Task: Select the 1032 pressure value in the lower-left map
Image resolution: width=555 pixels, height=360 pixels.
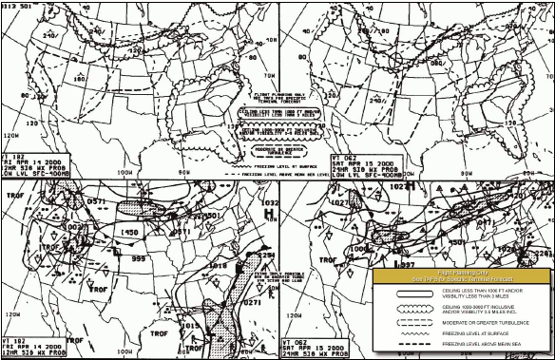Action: pos(269,203)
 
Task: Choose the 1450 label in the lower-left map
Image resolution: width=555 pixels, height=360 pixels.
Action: pos(130,232)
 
